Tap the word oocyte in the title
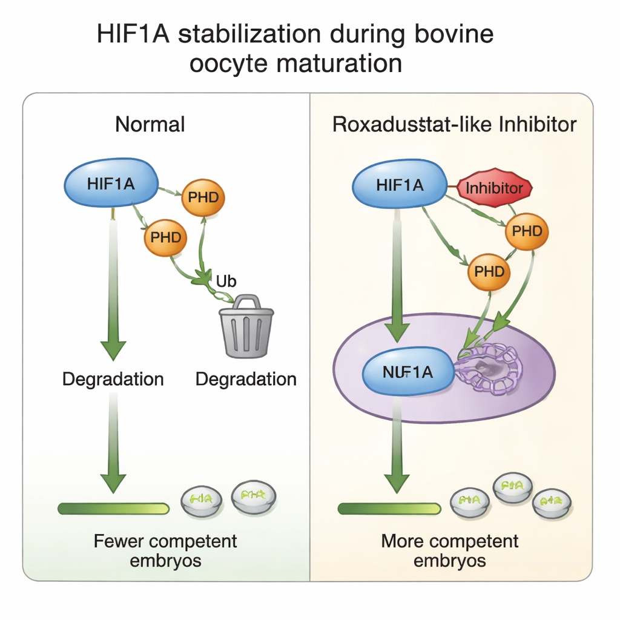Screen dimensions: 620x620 click(x=223, y=63)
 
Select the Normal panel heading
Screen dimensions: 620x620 click(x=150, y=124)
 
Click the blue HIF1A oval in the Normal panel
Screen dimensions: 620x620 click(x=111, y=183)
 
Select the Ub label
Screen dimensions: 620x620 click(x=225, y=281)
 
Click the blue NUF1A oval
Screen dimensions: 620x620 click(x=408, y=372)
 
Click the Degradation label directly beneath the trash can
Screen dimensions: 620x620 click(x=246, y=380)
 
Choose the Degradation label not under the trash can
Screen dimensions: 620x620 click(x=113, y=380)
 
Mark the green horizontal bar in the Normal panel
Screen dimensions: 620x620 click(x=113, y=509)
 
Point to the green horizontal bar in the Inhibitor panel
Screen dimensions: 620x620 click(x=389, y=509)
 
